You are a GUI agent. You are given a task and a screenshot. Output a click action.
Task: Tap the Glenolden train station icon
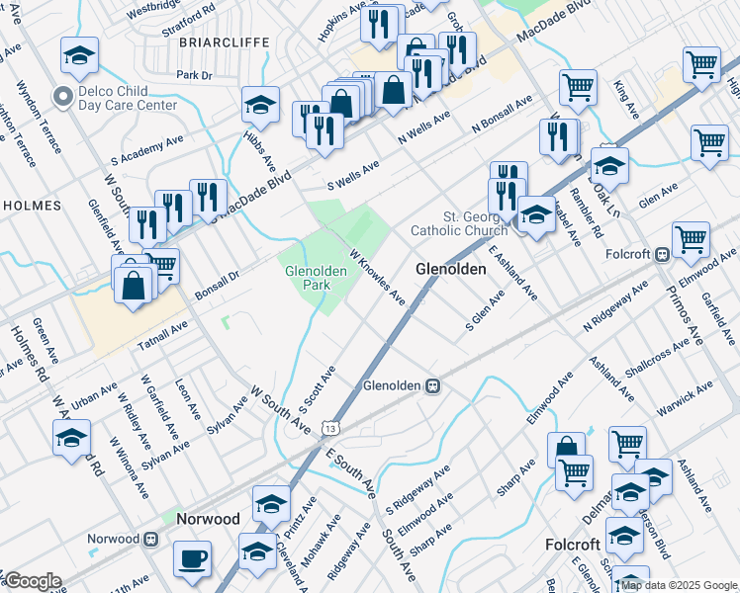tap(432, 385)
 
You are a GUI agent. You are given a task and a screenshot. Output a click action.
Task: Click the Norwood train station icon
tap(151, 539)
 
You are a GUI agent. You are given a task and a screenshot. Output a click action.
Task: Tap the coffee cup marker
tap(192, 559)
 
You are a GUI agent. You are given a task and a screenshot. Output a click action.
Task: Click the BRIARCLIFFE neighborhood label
tap(211, 42)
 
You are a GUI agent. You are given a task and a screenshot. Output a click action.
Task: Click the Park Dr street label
tap(193, 75)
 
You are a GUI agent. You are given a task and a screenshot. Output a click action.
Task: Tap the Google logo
tap(33, 581)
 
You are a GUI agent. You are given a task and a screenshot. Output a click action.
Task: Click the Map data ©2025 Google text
tap(679, 585)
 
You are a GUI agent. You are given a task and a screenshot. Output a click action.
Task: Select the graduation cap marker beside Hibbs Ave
tap(259, 105)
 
